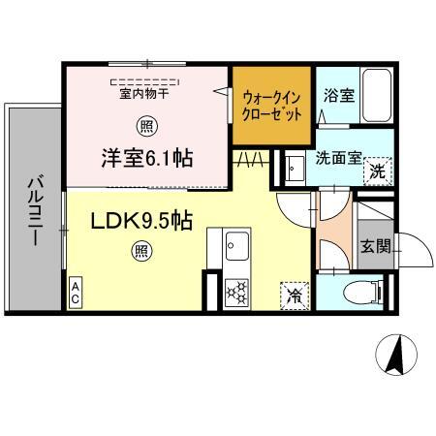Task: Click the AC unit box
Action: tap(76, 292)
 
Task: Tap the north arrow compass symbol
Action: tap(396, 355)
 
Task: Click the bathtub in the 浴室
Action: tap(377, 95)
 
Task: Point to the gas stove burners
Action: tap(236, 292)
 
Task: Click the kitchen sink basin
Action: tap(237, 246)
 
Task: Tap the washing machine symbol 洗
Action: tap(378, 171)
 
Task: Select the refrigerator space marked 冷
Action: tap(295, 296)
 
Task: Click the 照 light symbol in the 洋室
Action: tap(147, 126)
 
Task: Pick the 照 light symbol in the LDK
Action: tap(141, 251)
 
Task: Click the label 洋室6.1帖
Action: tap(147, 158)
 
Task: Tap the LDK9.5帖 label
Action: tap(141, 221)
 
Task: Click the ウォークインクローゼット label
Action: tap(271, 106)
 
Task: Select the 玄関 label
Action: tap(376, 247)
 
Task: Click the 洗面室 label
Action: tap(338, 158)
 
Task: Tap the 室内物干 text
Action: tap(144, 94)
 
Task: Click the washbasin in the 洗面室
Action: tap(295, 169)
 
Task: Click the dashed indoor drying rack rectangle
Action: tap(144, 82)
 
